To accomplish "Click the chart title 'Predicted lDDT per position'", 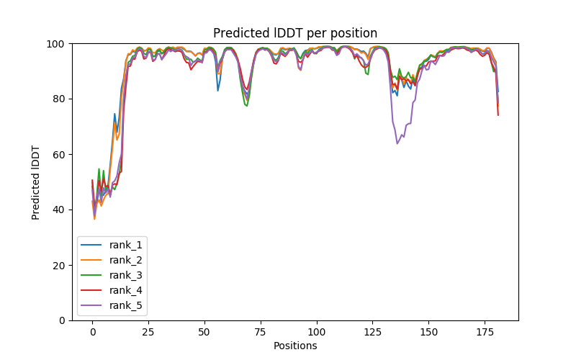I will (294, 33).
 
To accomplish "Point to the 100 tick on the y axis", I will (58, 44).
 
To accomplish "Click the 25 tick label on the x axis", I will (148, 331).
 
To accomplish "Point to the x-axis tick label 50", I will (204, 331).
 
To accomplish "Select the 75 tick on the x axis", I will (260, 331).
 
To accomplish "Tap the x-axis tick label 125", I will (372, 331).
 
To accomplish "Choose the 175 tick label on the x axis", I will (485, 331).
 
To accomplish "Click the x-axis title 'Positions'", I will (294, 346).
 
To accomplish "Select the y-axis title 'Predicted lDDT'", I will (36, 182).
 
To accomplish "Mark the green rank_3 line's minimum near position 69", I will (247, 106).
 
